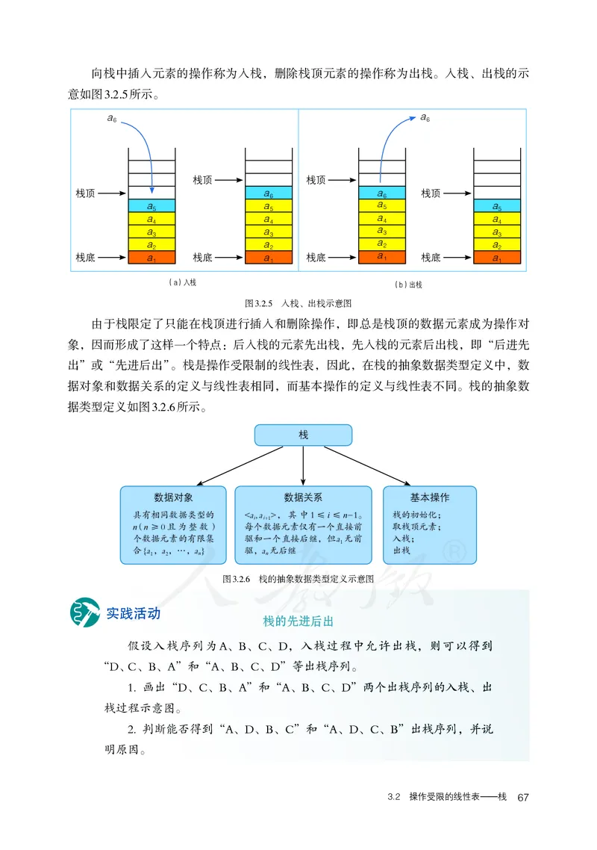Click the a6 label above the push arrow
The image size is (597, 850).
(113, 120)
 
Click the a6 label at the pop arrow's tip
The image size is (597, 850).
(425, 117)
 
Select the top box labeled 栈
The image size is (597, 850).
(303, 435)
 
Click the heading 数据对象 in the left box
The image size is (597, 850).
(174, 497)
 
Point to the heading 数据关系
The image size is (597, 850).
(303, 497)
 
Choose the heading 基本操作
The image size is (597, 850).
(430, 497)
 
